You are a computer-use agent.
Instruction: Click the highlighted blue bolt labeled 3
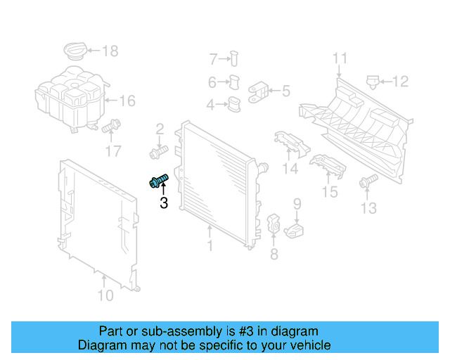click(x=159, y=183)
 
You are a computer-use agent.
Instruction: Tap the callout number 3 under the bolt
click(x=164, y=204)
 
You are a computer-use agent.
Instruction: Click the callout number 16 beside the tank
click(x=126, y=101)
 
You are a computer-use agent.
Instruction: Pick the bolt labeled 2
click(x=157, y=150)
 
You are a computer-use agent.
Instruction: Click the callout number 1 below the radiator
click(x=209, y=247)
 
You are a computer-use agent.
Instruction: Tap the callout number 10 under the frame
click(x=105, y=296)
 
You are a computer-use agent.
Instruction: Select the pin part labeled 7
click(x=235, y=59)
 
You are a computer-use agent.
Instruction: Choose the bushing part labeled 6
click(x=235, y=82)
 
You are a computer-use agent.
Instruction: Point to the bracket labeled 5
click(x=258, y=91)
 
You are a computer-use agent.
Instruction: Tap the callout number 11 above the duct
click(x=340, y=58)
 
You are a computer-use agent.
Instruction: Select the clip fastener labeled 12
click(x=373, y=82)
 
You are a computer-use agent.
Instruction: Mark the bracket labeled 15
click(x=327, y=167)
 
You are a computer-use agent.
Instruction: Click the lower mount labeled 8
click(x=275, y=225)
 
